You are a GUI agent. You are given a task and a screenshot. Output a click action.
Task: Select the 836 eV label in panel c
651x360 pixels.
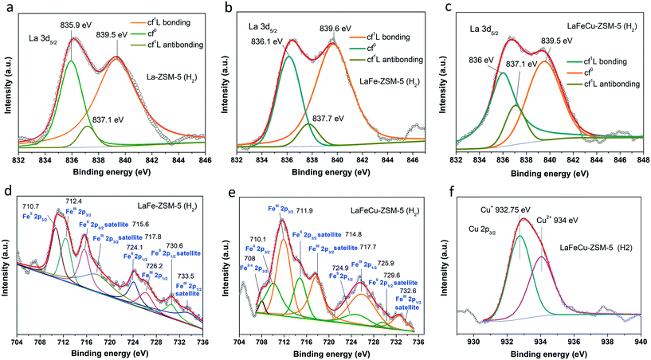coord(481,68)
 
